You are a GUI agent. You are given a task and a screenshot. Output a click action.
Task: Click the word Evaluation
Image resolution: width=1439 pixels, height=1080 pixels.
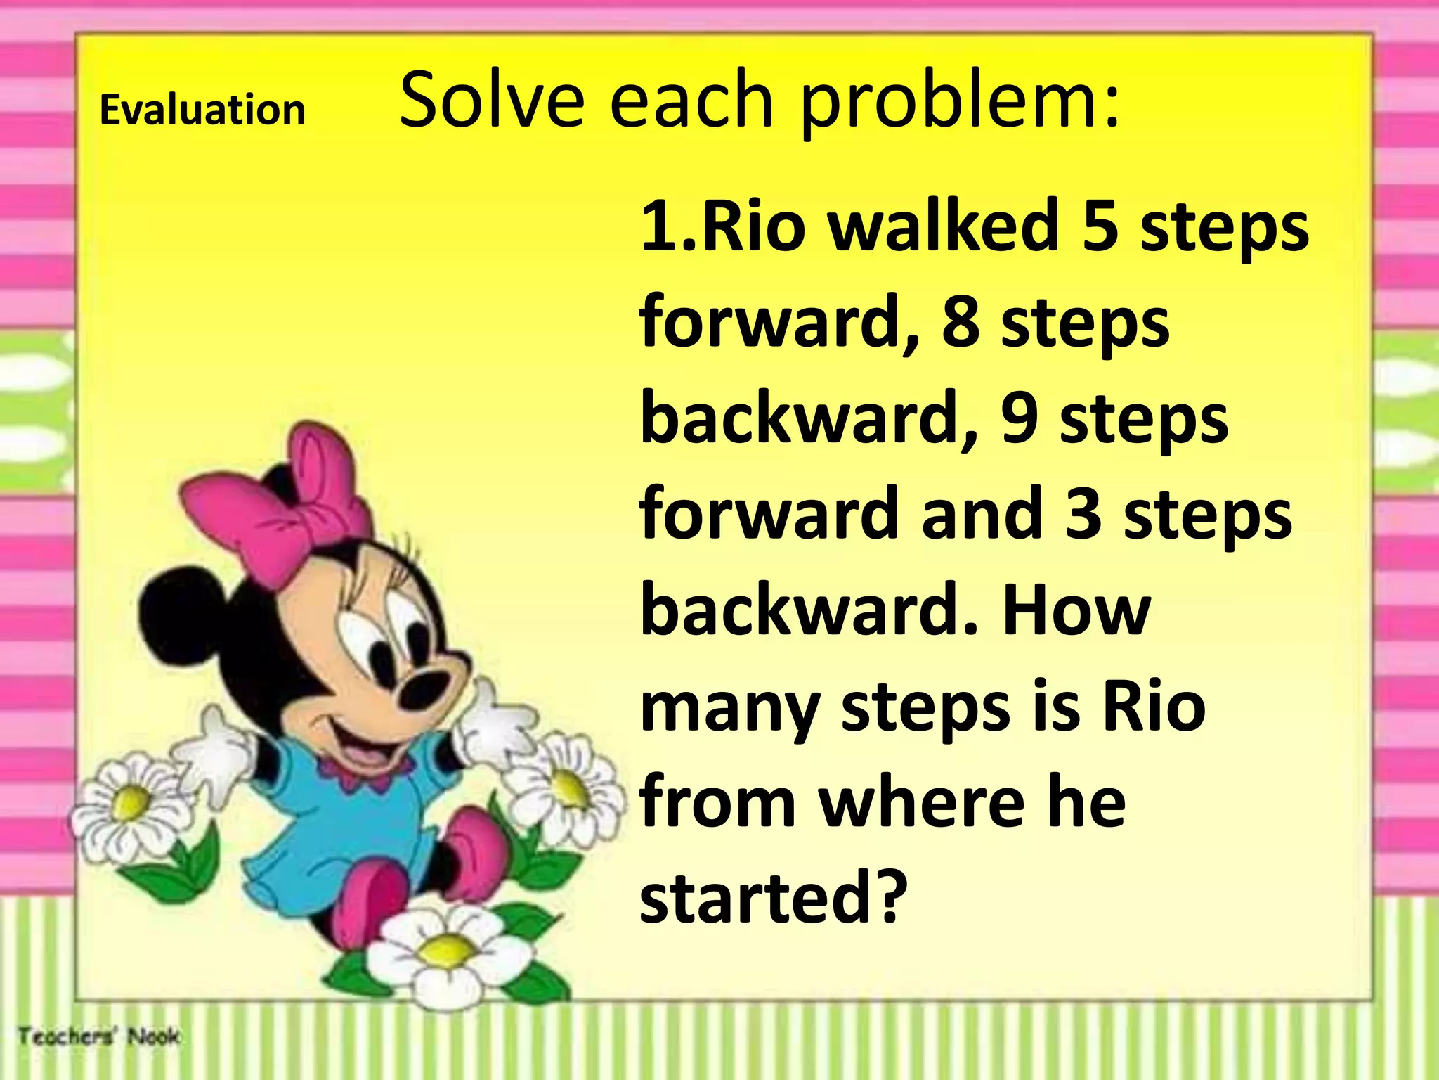202,110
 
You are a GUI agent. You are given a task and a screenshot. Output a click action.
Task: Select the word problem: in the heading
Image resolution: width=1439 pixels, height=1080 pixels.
960,103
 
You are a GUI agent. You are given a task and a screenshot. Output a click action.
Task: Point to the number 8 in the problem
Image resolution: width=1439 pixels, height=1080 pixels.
961,322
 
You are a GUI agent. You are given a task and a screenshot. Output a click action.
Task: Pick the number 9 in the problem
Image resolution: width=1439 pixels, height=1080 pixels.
1020,418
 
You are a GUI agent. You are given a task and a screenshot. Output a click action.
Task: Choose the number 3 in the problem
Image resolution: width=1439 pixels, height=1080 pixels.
1083,514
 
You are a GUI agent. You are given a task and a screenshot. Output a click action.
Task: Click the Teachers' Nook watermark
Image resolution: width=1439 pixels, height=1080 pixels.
99,1036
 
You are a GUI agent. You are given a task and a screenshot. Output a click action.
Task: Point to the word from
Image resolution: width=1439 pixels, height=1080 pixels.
717,802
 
